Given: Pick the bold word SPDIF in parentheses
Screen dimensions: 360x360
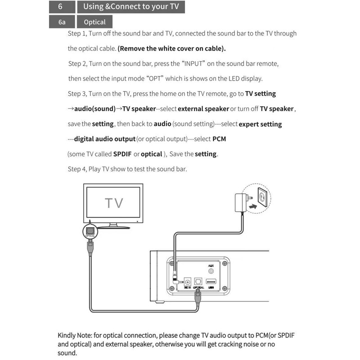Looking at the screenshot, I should (122, 154).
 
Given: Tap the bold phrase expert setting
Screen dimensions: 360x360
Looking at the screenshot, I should (260, 124).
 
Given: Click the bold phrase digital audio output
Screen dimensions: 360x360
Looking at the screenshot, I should (105, 139).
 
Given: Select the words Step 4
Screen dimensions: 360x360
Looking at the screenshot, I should (76, 169).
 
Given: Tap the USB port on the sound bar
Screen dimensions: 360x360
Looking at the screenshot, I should (212, 283).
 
